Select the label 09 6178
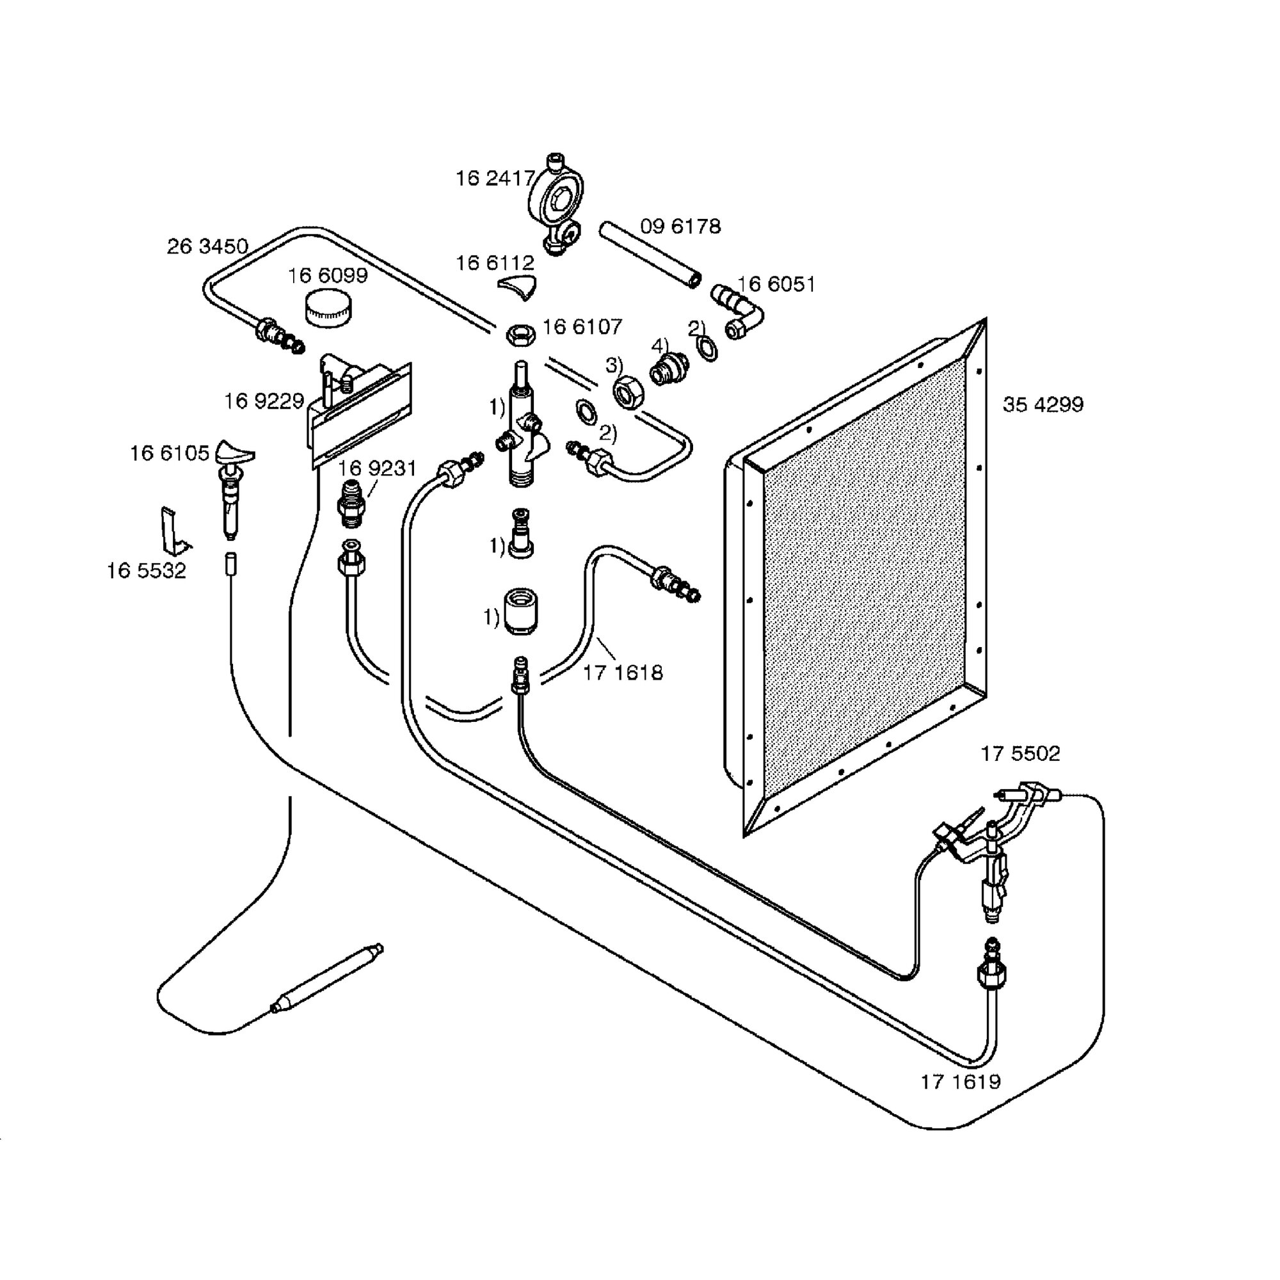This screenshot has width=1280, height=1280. click(680, 227)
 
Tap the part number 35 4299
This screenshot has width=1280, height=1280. click(1043, 405)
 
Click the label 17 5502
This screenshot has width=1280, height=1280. click(1020, 754)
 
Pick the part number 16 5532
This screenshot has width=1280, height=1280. click(147, 570)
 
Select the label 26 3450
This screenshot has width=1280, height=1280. click(207, 246)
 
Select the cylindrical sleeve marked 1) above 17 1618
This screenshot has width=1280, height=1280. click(521, 611)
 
